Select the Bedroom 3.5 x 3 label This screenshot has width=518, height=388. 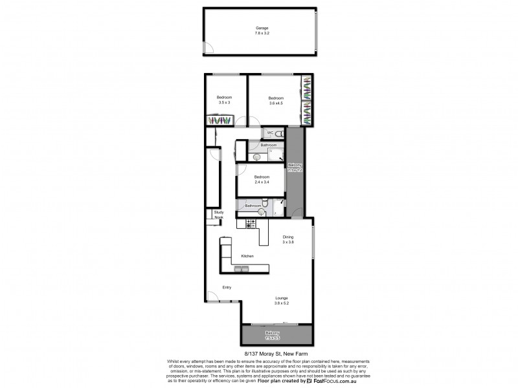coord(224,100)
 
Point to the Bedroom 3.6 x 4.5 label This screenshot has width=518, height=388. coord(276,100)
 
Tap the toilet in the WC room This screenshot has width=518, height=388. coord(278,134)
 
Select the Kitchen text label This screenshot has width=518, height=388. coord(247,256)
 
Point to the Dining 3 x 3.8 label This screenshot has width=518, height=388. coord(288,239)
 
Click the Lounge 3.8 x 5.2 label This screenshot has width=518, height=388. coord(281,300)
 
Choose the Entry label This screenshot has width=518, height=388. coord(227,287)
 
